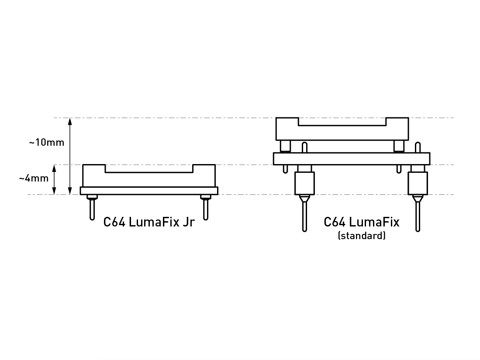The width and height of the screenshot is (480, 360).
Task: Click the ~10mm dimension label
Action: (47, 143)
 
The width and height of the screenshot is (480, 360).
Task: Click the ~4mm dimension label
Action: (33, 178)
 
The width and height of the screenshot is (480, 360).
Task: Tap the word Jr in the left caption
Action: (188, 222)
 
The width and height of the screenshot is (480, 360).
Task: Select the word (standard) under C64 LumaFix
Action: (362, 236)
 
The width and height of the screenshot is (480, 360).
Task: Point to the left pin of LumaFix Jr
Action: (92, 210)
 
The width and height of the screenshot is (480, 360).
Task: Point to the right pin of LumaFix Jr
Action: (206, 210)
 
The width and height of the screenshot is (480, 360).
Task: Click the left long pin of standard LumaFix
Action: (304, 216)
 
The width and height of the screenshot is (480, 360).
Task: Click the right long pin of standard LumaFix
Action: (418, 216)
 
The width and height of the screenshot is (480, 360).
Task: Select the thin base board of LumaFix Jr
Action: (149, 191)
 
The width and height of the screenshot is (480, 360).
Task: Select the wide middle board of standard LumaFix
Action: (352, 158)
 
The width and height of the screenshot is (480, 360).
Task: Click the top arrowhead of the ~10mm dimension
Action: (70, 121)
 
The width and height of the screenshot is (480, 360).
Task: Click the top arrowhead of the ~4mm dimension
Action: (54, 168)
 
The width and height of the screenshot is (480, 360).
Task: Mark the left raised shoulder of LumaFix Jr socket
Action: (94, 169)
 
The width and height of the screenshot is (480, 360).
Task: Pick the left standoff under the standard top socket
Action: (285, 146)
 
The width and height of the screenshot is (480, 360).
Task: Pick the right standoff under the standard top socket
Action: (399, 146)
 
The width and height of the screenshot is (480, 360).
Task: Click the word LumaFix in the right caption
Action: (374, 222)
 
